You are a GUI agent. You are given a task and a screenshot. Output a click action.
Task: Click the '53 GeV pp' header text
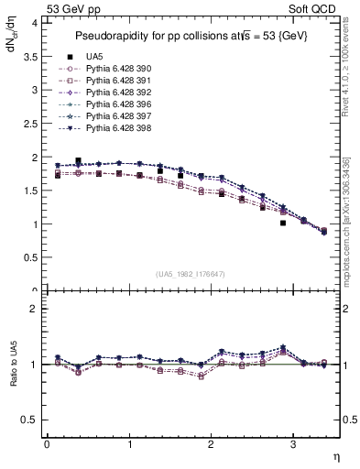point(73,7)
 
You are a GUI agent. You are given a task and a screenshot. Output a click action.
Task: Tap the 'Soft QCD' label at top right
point(315,7)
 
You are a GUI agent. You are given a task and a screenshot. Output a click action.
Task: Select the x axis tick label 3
point(292,443)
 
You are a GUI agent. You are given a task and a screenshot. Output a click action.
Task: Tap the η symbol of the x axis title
point(334,455)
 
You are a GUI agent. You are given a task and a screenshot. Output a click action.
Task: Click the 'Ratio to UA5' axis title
point(14,364)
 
